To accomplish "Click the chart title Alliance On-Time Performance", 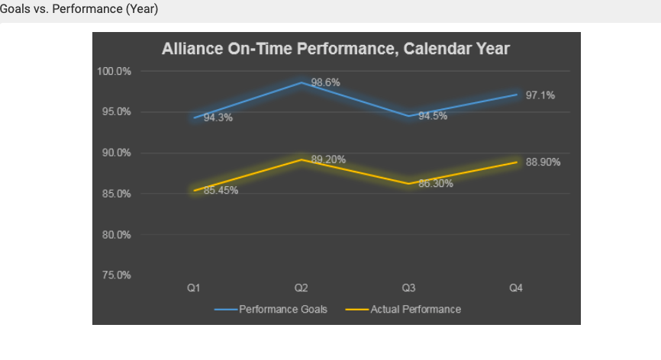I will pos(335,50).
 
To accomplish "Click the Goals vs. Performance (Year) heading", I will pos(79,10).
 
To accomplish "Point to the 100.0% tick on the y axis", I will pos(114,71).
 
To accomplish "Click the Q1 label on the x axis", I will pos(194,288).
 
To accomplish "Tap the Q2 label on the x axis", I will pos(301,288).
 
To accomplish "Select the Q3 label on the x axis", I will pos(409,288).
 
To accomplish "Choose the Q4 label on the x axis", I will pos(516,288).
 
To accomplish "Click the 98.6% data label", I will pos(326,82).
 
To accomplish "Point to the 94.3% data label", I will pos(218,118).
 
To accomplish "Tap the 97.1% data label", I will pos(540,95).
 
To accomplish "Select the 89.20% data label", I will pos(328,159).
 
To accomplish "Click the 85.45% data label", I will pos(221,190).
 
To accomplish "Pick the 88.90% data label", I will pos(543,162).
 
